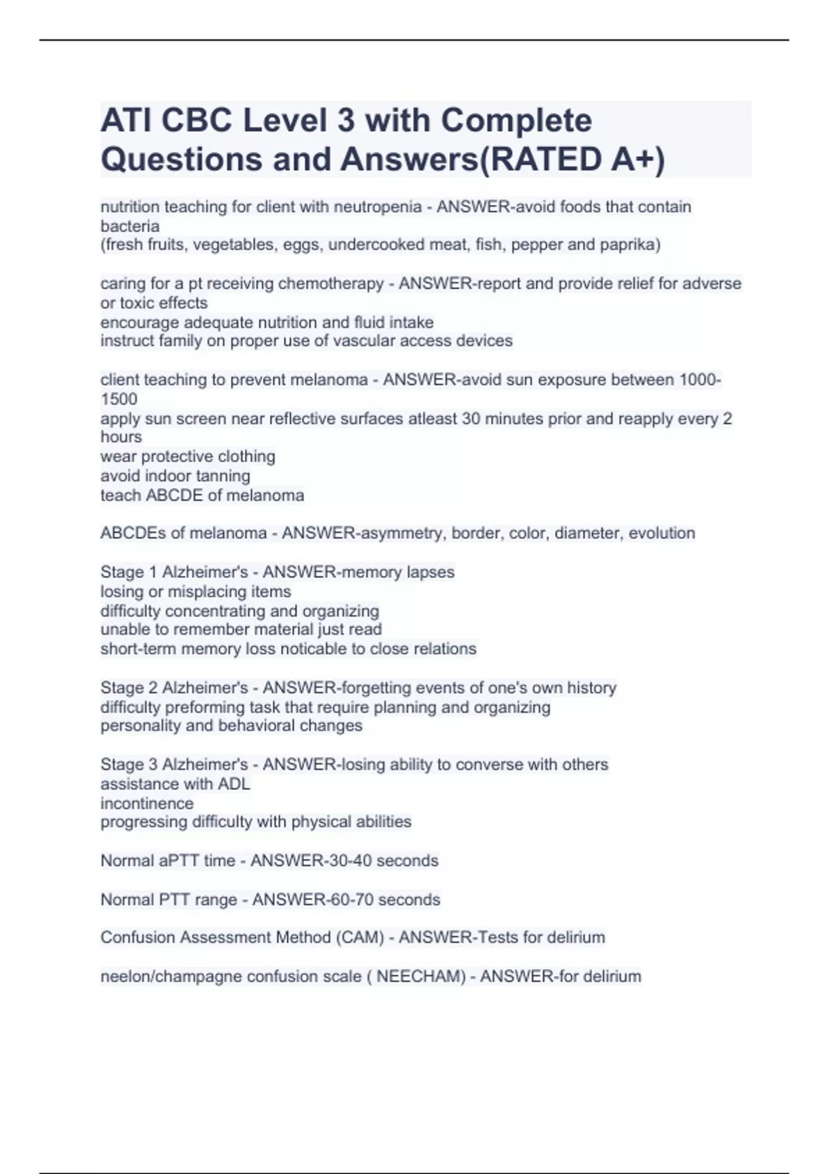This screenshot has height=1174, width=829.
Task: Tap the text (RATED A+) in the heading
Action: (x=571, y=160)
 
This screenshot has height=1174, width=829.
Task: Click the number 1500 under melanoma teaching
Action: (x=119, y=399)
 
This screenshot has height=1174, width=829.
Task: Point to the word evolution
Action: (x=661, y=533)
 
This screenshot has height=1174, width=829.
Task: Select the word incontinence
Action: (x=147, y=803)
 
